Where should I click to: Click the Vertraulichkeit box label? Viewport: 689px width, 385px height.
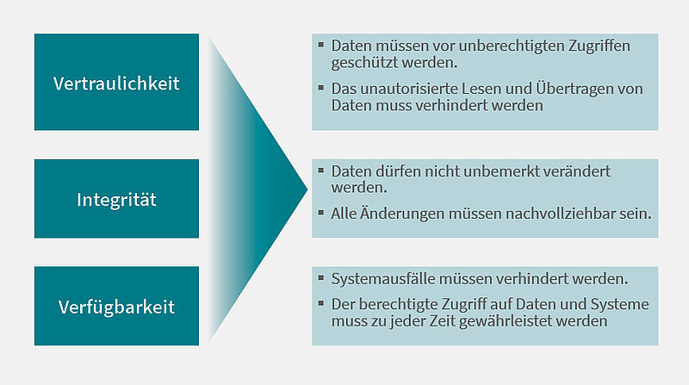116,84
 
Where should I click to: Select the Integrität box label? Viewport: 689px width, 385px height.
116,200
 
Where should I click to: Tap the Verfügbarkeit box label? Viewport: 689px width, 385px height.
116,307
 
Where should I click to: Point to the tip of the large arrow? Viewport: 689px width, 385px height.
307,189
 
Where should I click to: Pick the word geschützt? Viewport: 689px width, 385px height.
364,63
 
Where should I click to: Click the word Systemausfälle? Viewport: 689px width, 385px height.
382,279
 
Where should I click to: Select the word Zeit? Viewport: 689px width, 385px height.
442,321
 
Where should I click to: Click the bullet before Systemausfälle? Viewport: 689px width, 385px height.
320,277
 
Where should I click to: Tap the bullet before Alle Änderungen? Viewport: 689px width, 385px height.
320,213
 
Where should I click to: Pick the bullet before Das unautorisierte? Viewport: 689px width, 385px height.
320,88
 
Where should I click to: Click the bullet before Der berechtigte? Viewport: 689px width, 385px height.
320,303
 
